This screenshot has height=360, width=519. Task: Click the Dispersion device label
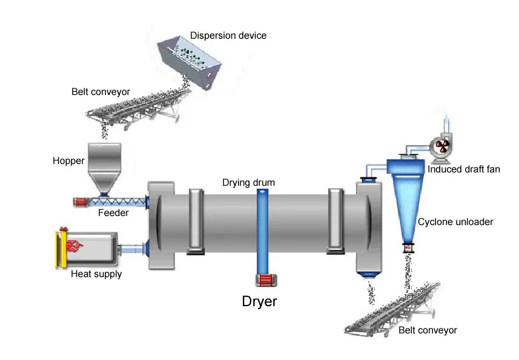[228, 36]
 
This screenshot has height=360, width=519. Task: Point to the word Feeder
[112, 212]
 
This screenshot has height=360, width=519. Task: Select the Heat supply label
[96, 274]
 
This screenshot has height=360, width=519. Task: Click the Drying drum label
[248, 183]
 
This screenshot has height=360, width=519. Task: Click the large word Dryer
[260, 301]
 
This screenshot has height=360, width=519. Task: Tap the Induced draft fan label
[464, 169]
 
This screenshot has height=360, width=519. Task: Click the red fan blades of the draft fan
[442, 146]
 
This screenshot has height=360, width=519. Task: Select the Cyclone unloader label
[455, 222]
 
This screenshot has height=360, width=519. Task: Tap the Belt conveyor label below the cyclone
[428, 330]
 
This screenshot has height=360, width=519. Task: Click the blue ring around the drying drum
[263, 230]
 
